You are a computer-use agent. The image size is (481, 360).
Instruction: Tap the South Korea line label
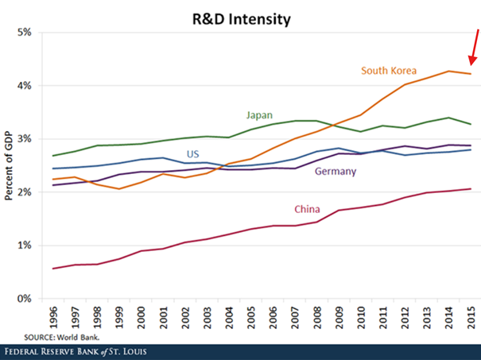(389, 71)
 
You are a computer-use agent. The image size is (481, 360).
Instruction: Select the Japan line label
(260, 115)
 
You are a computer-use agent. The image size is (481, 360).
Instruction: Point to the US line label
(193, 153)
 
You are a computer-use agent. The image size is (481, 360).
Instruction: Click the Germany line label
(337, 172)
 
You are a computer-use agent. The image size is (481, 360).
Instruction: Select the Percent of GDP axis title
(9, 166)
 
